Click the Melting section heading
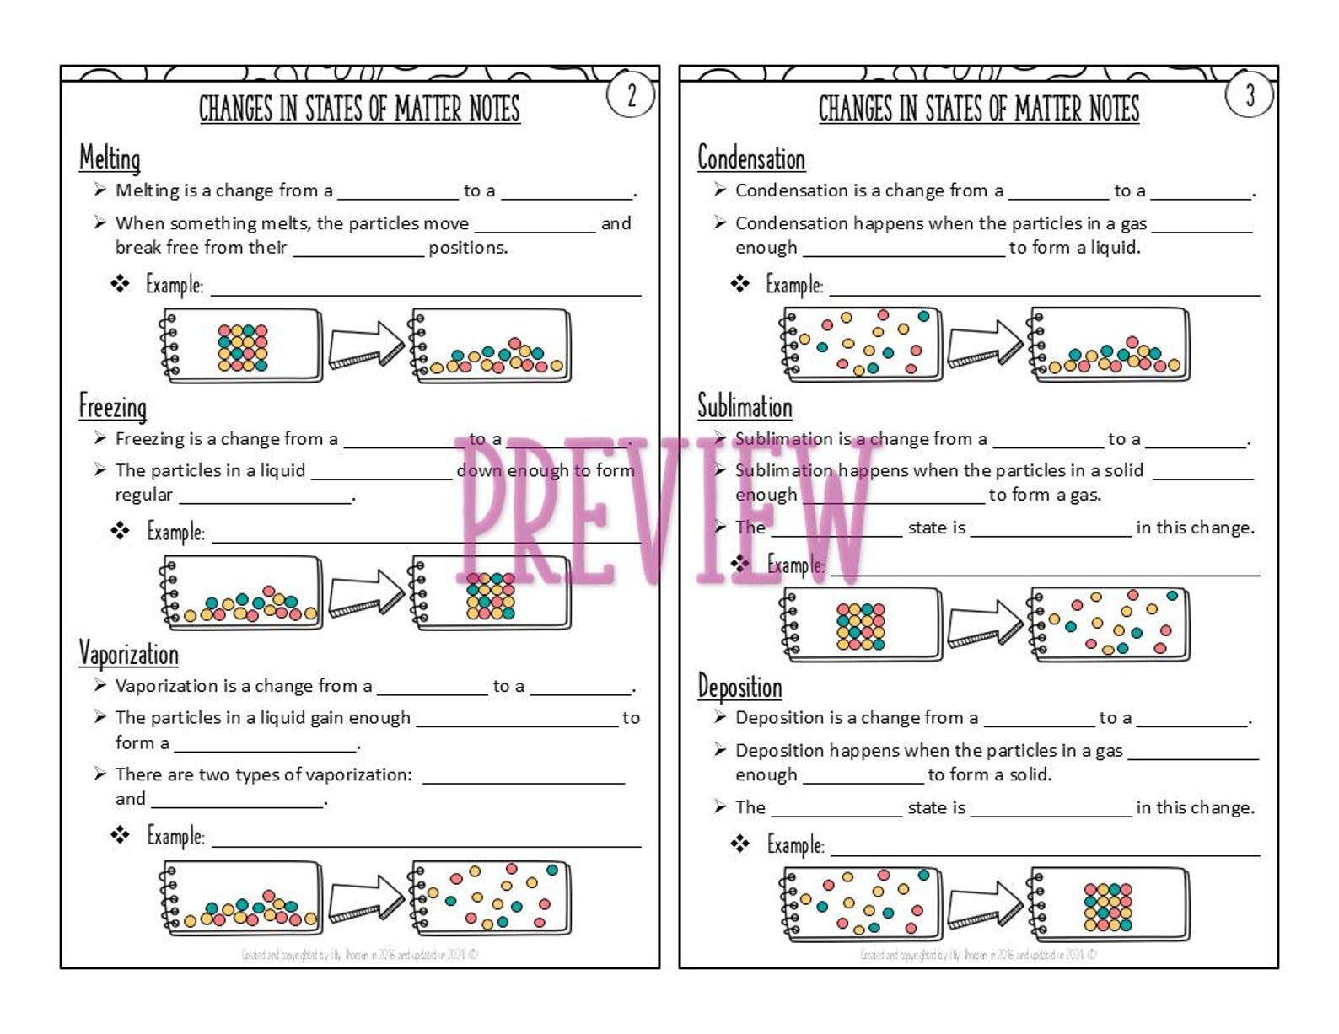click(x=110, y=158)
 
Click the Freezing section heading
click(x=113, y=407)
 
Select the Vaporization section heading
click(x=128, y=654)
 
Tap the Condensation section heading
click(x=750, y=158)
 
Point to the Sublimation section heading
click(x=745, y=407)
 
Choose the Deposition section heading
click(x=739, y=687)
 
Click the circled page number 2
click(x=631, y=95)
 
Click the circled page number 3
click(x=1250, y=95)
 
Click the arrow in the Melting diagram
click(x=366, y=345)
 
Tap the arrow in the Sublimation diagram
click(x=985, y=624)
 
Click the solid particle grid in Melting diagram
click(x=243, y=348)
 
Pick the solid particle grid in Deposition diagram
click(x=1107, y=907)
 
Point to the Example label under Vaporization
click(x=175, y=836)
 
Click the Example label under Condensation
click(x=794, y=285)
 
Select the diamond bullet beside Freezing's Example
click(x=120, y=531)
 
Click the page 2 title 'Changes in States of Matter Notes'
click(x=359, y=109)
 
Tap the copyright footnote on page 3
click(x=978, y=955)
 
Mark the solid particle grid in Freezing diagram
click(x=490, y=597)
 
